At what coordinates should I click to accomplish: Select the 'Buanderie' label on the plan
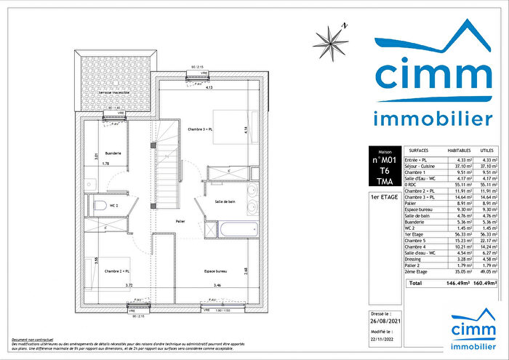112,153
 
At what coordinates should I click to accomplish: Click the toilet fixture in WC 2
105,204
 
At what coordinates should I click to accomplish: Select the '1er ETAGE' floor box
384,197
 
